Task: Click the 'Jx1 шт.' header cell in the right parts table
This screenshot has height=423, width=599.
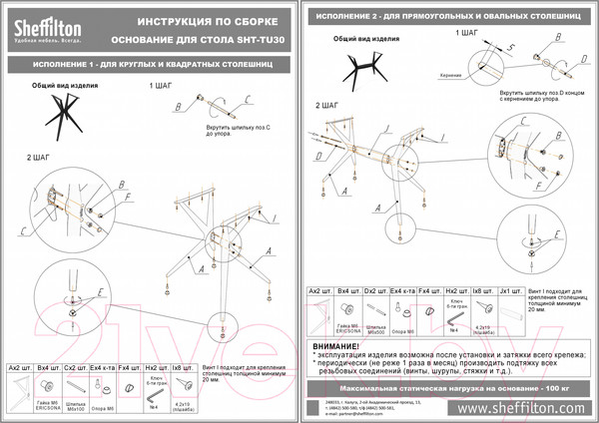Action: [x=511, y=291]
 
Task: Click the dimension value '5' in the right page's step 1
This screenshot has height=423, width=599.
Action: [x=510, y=48]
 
